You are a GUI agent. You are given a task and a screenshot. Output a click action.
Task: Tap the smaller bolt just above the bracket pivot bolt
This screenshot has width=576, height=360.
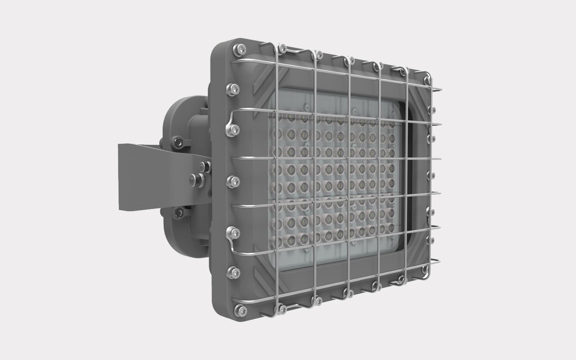pos(203,166)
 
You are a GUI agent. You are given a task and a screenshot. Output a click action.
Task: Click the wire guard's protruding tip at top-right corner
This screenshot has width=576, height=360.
pos(441,89)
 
